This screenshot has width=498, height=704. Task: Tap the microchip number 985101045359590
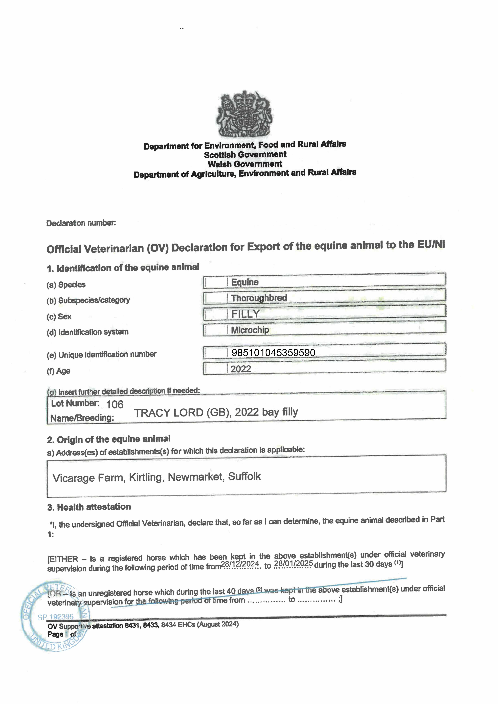(273, 353)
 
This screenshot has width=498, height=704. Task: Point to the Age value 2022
(241, 369)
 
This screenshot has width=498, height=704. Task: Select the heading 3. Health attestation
(89, 507)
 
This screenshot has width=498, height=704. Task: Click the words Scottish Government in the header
(245, 155)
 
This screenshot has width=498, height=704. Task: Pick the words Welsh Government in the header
(245, 164)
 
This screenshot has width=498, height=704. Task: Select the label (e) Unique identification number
(101, 354)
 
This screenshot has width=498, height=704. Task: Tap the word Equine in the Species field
(245, 282)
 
